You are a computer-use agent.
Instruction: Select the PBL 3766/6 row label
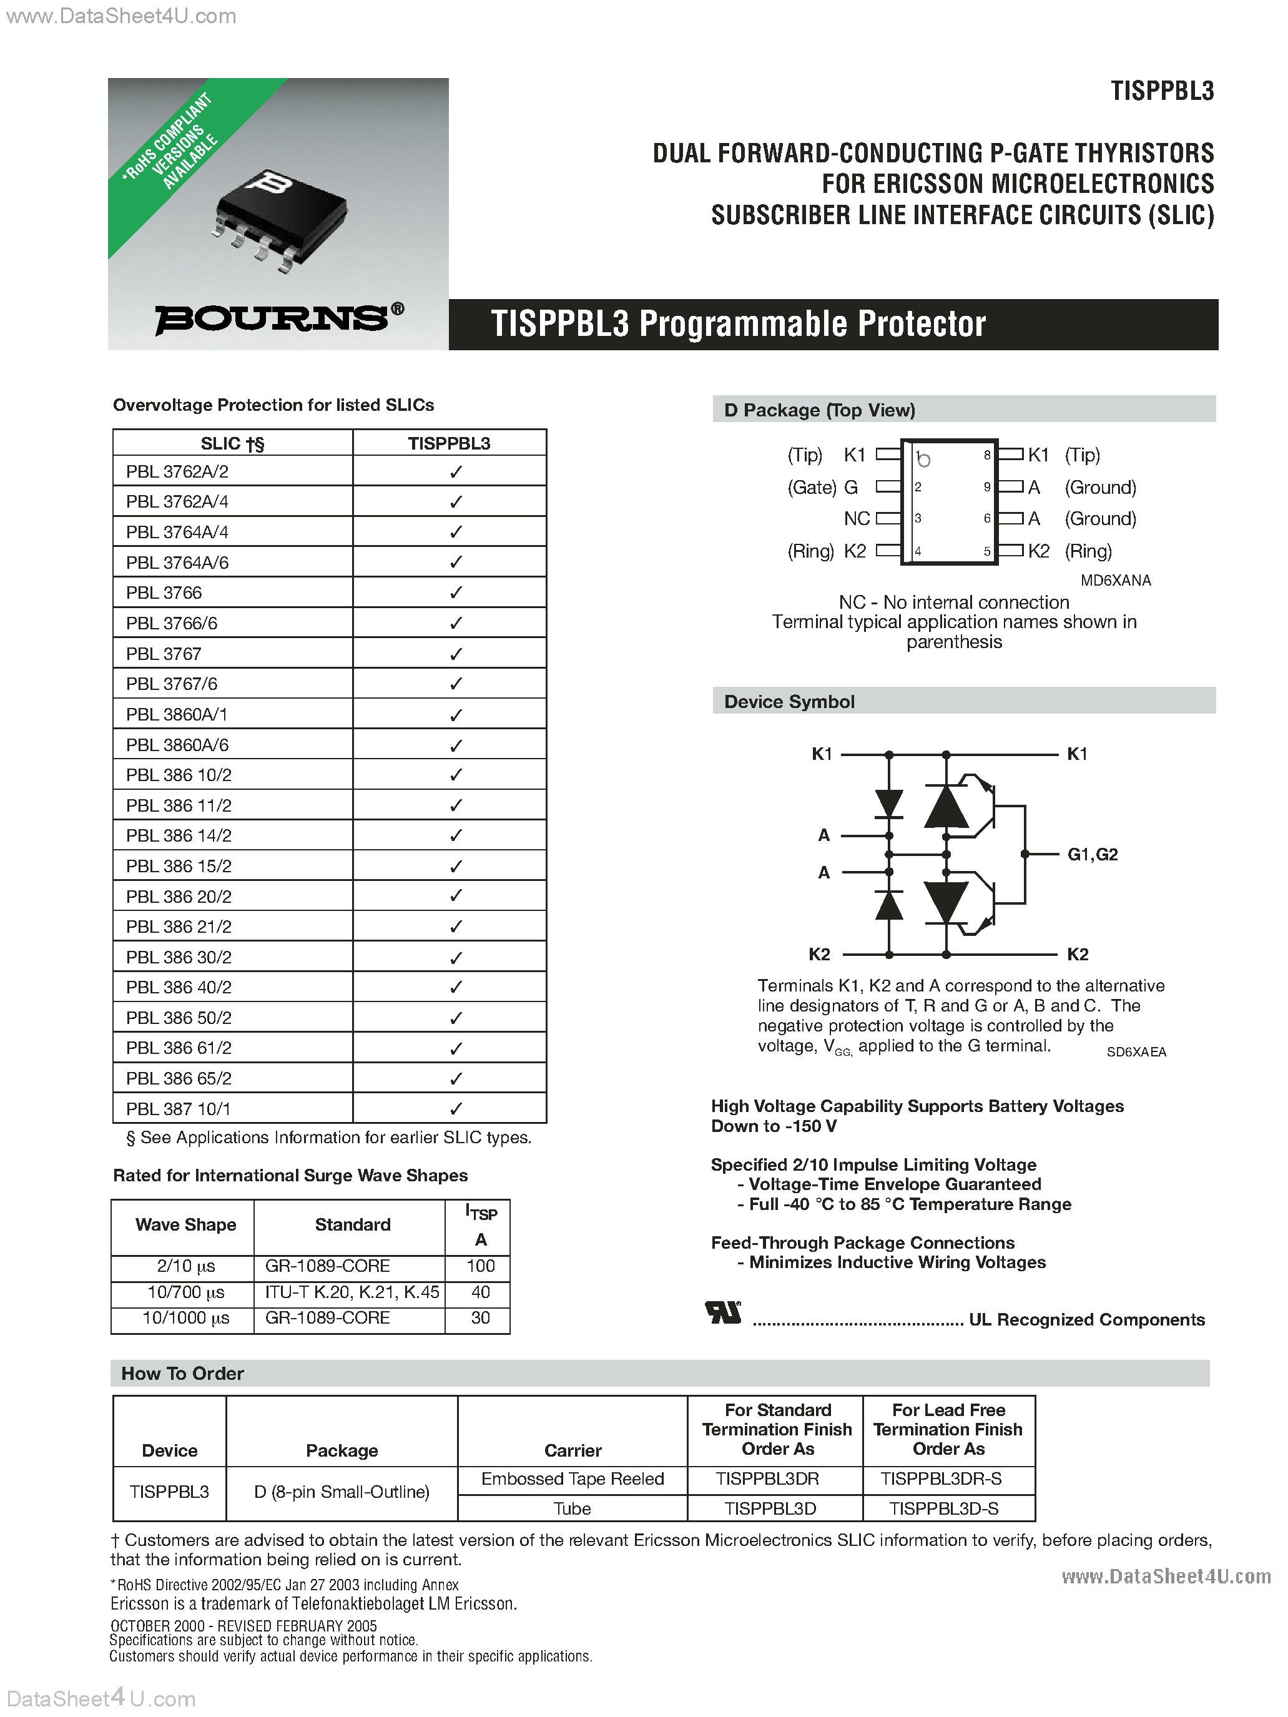point(172,623)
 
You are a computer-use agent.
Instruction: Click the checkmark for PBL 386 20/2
point(456,897)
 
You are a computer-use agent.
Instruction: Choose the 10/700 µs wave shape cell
point(185,1292)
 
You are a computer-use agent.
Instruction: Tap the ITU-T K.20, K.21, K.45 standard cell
point(351,1292)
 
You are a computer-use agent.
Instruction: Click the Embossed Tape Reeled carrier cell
point(572,1478)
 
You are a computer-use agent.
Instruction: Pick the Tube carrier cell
point(572,1508)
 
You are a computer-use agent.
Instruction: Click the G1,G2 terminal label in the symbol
point(1093,855)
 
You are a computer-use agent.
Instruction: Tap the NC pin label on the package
point(857,518)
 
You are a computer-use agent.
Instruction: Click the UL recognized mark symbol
point(723,1312)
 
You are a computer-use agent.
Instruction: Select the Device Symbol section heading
point(789,702)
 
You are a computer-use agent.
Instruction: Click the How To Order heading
point(182,1373)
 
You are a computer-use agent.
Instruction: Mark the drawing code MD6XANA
point(1116,581)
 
